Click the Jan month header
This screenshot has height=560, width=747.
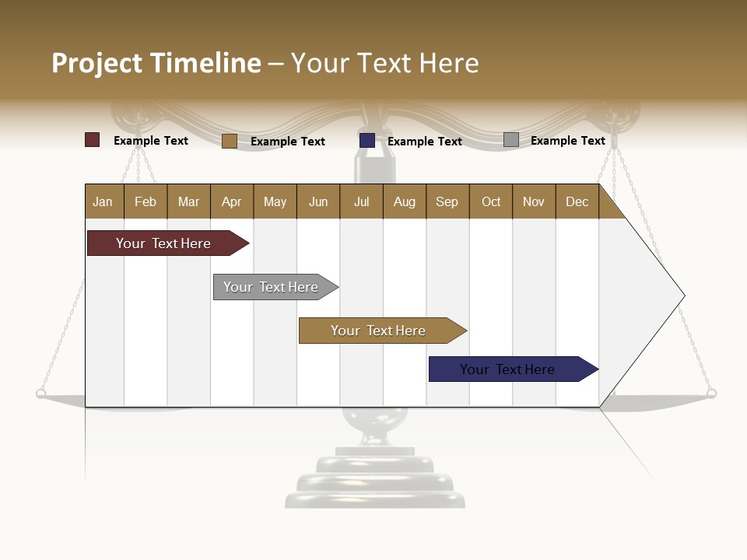coord(103,201)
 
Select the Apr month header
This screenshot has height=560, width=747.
coord(232,201)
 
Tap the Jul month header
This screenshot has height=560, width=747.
coord(361,201)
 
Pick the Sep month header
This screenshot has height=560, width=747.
coord(447,201)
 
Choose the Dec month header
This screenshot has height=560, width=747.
coord(577,201)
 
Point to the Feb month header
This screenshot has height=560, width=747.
coord(146,201)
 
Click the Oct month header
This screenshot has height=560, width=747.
coord(491,201)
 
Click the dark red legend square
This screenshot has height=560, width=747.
coord(93,140)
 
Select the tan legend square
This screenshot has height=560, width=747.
coord(230,141)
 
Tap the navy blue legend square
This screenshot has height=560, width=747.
coord(367,140)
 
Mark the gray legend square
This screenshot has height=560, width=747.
coord(511,140)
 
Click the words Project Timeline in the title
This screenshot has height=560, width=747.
coord(156,63)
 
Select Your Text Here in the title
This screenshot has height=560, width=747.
coord(385,63)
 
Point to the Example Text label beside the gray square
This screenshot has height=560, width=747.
coord(567,141)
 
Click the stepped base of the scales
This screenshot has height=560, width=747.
coord(374,478)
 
